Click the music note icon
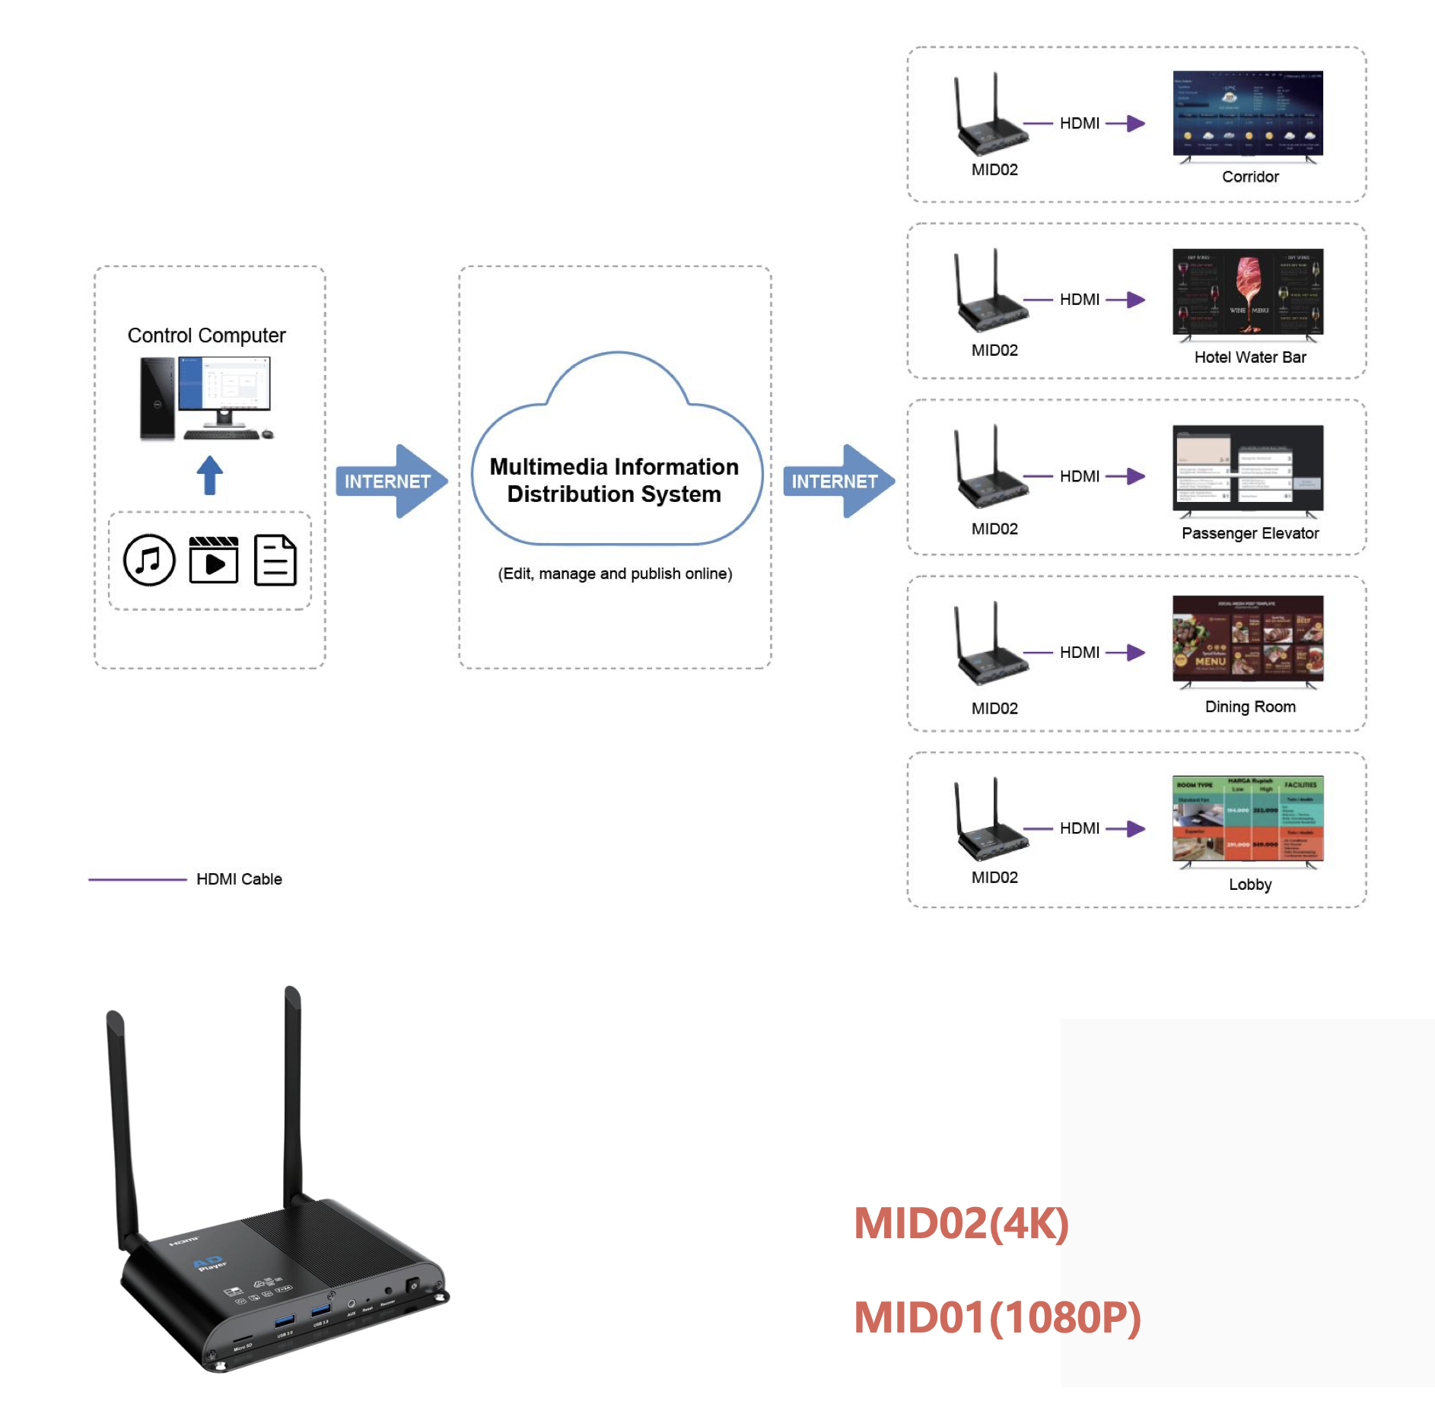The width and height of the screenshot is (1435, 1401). click(149, 560)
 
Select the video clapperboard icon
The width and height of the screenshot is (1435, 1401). click(214, 560)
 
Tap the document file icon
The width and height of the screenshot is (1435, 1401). click(275, 560)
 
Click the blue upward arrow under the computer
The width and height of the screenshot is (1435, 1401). click(210, 475)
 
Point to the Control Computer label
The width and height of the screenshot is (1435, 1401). click(206, 335)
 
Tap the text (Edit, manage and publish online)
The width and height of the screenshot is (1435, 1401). click(615, 573)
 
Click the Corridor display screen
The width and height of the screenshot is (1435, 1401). click(1248, 114)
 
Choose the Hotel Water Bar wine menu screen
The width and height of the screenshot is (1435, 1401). click(1248, 291)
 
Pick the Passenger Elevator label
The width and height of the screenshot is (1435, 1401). click(1250, 533)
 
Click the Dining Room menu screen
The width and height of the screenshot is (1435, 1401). click(1248, 639)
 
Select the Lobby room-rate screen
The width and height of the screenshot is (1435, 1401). click(1248, 818)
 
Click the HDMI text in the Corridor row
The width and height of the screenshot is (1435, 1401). click(1080, 123)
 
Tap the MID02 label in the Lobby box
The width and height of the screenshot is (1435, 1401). click(994, 877)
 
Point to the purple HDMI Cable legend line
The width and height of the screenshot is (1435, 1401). click(137, 879)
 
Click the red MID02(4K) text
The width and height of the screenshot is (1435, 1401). click(961, 1223)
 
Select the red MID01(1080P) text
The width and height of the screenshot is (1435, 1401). click(997, 1317)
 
